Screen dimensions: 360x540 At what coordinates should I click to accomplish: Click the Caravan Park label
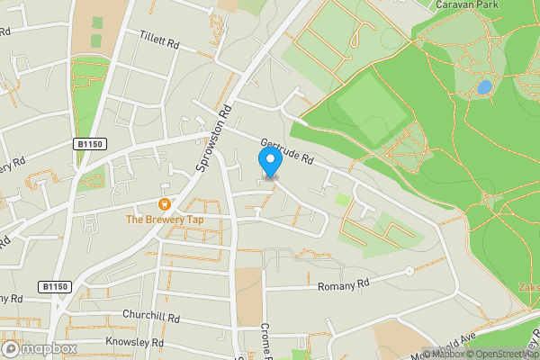click(466, 5)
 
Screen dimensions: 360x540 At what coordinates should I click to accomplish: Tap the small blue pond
click(484, 87)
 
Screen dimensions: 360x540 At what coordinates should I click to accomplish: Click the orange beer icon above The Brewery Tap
click(165, 204)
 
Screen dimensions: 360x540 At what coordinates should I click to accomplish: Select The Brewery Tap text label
click(165, 220)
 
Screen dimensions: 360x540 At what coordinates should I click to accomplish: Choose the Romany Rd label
click(344, 285)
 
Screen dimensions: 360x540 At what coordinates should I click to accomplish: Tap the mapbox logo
click(38, 348)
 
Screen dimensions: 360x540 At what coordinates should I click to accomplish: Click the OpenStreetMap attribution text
click(502, 353)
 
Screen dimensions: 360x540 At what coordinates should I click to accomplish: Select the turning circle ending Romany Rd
click(409, 270)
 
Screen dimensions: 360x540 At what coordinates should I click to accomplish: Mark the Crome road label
click(266, 340)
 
